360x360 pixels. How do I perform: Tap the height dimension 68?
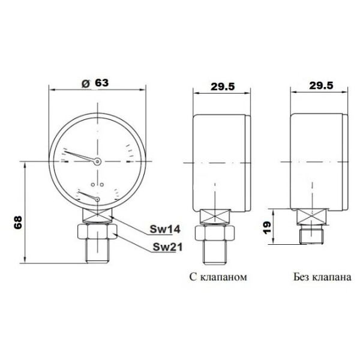[x=17, y=223]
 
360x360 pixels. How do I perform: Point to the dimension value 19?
[x=268, y=227]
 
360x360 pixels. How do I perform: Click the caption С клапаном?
[x=217, y=278]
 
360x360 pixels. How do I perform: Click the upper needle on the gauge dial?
[x=80, y=156]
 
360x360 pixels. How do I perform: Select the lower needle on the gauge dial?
[x=89, y=196]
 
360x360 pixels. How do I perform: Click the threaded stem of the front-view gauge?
[x=96, y=252]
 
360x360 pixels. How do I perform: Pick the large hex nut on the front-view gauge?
[x=96, y=231]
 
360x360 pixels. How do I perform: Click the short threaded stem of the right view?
[x=312, y=235]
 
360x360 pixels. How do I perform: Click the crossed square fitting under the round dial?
[x=96, y=215]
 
